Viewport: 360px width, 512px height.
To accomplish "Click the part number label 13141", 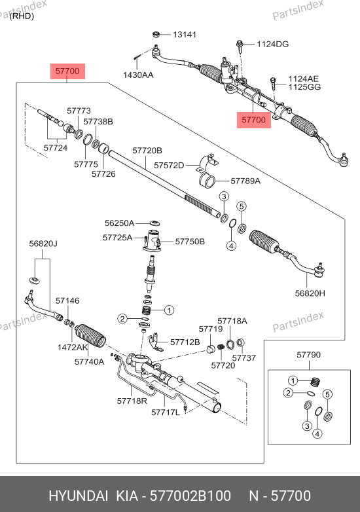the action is coord(185,35).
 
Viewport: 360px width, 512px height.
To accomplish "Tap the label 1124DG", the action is coord(272,44).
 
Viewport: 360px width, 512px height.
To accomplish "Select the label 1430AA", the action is coord(138,75).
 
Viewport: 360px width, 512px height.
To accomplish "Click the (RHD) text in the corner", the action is coord(22,16).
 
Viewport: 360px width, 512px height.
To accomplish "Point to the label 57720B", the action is coord(147,151).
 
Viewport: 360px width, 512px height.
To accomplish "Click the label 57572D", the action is coord(169,165).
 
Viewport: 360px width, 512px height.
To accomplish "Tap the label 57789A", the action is coord(245,181).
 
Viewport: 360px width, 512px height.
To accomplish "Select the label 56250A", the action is coord(120,223).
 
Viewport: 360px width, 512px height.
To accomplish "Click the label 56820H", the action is coord(310,293).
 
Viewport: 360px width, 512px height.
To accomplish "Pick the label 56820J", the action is coord(43,244).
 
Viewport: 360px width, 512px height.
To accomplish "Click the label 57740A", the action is coord(90,361).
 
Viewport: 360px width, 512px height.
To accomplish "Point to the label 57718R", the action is coord(132,401).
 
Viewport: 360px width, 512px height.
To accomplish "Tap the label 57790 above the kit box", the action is coord(309,355).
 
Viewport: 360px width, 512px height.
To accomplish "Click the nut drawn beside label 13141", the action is coord(156,34).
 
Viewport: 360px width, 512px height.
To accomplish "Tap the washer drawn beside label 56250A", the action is coord(154,223).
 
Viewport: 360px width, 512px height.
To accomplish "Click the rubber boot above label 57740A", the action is coord(90,336).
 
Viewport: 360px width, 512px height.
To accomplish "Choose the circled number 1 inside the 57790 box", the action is coord(293,380).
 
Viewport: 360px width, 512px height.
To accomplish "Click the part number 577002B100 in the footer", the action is coord(190,496).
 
